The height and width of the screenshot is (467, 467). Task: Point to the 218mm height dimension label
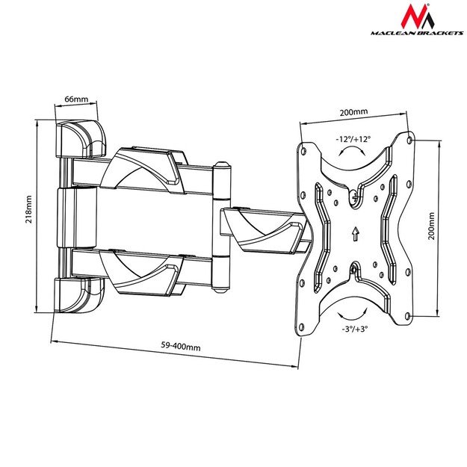click(28, 210)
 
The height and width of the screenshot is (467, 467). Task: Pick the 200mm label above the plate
click(353, 112)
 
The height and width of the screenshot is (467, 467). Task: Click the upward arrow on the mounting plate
click(354, 233)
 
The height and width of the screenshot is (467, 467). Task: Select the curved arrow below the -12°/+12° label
click(353, 152)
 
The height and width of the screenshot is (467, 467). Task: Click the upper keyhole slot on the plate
click(353, 197)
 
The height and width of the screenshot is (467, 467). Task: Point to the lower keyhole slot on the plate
click(353, 268)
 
